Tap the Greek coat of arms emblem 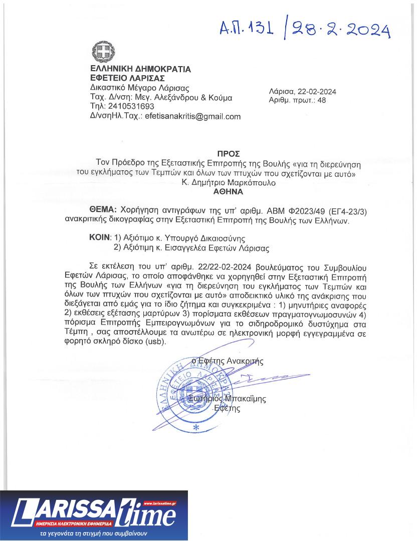[102, 52]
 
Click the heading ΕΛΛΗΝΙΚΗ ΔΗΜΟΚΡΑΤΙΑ [140, 69]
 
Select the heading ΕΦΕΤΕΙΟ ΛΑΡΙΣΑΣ [127, 78]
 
